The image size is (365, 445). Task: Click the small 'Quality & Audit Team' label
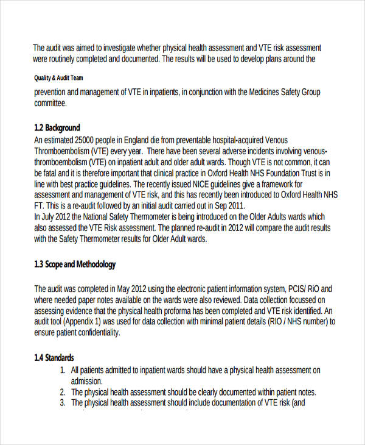[x=59, y=78]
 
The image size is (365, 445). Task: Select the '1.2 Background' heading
[x=57, y=127]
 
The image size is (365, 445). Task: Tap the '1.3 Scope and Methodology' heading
[x=75, y=265]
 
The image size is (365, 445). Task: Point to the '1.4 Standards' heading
[x=54, y=358]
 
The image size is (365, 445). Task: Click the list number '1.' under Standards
[x=63, y=370]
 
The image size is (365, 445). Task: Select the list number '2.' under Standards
[x=63, y=392]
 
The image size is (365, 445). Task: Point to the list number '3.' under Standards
[x=63, y=403]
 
